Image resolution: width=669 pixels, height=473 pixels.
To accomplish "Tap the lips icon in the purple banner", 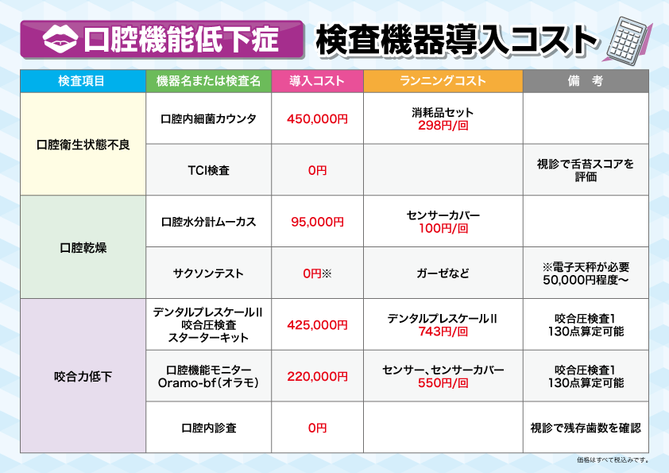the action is coord(60,39).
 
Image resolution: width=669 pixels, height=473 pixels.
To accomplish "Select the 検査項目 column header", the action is coord(83,80).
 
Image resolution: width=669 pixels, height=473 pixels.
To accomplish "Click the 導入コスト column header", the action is coord(317,80).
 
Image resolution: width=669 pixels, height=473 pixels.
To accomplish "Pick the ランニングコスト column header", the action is coord(443,80).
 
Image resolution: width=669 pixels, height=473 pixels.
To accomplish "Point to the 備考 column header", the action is coord(586,80).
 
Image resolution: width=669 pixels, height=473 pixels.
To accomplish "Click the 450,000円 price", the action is coord(318,118).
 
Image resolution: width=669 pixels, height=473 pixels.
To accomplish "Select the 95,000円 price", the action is coord(318,222).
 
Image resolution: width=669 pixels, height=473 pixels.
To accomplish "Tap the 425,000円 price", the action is coord(318,325).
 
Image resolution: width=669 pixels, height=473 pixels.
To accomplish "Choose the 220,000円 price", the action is coord(318,377).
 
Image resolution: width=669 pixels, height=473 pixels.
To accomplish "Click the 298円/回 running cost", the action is coord(443,126).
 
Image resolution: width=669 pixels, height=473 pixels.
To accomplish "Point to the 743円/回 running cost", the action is coord(443,331).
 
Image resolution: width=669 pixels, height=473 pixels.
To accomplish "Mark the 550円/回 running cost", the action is coord(443,383).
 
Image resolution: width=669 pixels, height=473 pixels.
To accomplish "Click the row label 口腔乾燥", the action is coord(83,247).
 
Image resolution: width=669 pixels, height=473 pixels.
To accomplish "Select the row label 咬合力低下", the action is coord(83,377).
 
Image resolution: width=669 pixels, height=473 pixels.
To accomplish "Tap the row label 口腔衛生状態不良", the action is coord(83,145).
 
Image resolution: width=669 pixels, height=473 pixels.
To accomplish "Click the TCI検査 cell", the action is coord(209,170).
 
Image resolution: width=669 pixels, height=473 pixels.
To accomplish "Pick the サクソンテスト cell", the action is coord(209,273).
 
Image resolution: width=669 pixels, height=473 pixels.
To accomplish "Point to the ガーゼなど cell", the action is coord(443,273).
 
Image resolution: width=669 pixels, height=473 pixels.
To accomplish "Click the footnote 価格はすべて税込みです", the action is coord(613,459).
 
